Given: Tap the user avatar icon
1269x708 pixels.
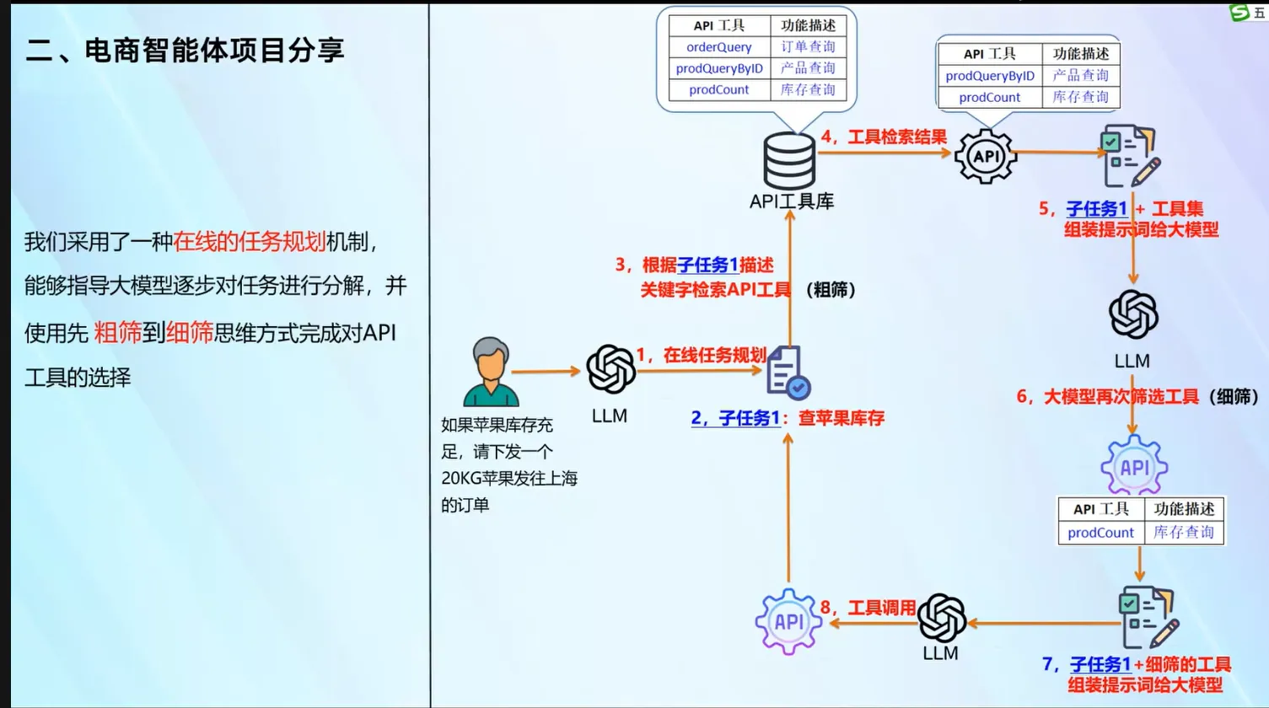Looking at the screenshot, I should point(491,372).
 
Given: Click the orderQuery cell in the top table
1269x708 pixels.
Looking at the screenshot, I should point(718,47).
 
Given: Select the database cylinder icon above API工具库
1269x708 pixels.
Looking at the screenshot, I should point(789,160).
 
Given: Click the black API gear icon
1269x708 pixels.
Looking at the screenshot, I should point(986,156).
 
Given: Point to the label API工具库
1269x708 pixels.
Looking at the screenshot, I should point(791,201).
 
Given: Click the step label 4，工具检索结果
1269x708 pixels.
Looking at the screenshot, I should point(884,137).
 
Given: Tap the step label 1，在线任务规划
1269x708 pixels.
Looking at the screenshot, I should point(701,355).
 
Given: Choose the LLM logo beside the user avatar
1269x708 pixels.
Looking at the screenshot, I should point(610,369).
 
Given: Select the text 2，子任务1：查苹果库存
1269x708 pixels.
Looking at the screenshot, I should point(788,418).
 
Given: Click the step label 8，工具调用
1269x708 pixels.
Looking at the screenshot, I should point(868,608).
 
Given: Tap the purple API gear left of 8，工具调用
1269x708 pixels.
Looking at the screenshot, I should point(788,622).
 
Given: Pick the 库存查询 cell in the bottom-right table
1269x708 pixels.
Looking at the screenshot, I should point(1183,533).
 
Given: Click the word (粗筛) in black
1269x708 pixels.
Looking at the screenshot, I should point(831,290).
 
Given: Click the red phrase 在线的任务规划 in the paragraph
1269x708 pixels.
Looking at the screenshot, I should point(249,242).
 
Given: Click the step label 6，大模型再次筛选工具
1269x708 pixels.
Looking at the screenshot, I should point(1107,396).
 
